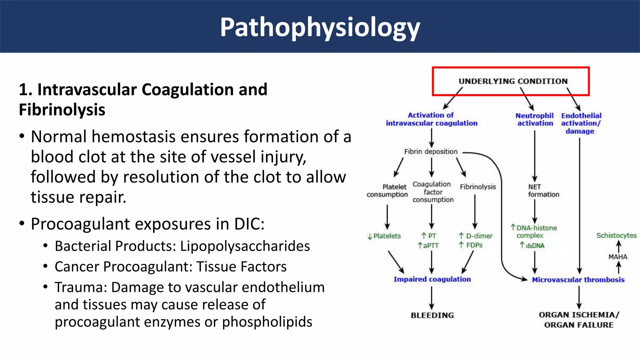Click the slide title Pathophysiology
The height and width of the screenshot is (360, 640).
click(320, 27)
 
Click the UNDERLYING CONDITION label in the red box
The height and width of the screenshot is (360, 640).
click(513, 81)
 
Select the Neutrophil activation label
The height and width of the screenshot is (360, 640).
click(535, 119)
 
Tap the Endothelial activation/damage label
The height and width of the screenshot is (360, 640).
click(581, 123)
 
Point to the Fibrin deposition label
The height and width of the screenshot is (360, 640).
click(431, 152)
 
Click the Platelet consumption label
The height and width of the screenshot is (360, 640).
click(387, 191)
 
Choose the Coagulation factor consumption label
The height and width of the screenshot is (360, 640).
click(432, 192)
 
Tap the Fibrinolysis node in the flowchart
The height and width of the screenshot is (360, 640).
click(477, 187)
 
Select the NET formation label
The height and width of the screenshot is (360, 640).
click(543, 191)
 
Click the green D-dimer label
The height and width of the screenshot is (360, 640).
click(479, 236)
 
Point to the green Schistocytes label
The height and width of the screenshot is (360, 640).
click(616, 235)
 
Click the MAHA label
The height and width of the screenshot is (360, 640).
click(617, 257)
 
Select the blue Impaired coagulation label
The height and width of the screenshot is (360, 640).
click(432, 279)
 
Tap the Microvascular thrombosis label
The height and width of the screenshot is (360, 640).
click(578, 280)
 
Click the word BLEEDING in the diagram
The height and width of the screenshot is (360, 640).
click(432, 315)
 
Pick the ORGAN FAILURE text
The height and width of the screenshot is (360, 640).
click(578, 325)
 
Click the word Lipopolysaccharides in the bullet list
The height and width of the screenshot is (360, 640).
click(245, 246)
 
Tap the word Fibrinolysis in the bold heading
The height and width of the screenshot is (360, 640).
click(62, 110)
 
